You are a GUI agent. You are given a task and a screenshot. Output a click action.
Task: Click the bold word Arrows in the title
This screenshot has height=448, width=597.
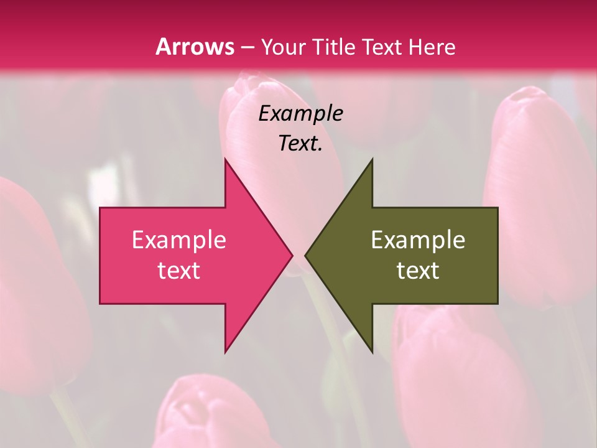pyautogui.click(x=195, y=47)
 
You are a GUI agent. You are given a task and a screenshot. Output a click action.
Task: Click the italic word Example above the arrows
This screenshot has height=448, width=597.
pyautogui.click(x=301, y=114)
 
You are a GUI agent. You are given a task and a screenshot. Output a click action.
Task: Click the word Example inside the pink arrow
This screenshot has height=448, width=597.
pyautogui.click(x=179, y=240)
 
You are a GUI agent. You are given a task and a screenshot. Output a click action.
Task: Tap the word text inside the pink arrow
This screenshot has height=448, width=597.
pyautogui.click(x=179, y=271)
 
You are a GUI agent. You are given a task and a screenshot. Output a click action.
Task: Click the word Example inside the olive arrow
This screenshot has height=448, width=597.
pyautogui.click(x=418, y=240)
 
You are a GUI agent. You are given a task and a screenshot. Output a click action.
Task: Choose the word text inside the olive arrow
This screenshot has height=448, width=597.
pyautogui.click(x=418, y=271)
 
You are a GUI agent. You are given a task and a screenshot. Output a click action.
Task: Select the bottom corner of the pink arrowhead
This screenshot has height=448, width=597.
pyautogui.click(x=226, y=352)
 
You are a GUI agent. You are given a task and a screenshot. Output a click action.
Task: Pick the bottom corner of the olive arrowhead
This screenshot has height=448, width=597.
pyautogui.click(x=372, y=352)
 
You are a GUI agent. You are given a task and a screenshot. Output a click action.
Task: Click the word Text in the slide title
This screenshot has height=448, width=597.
pyautogui.click(x=381, y=47)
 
